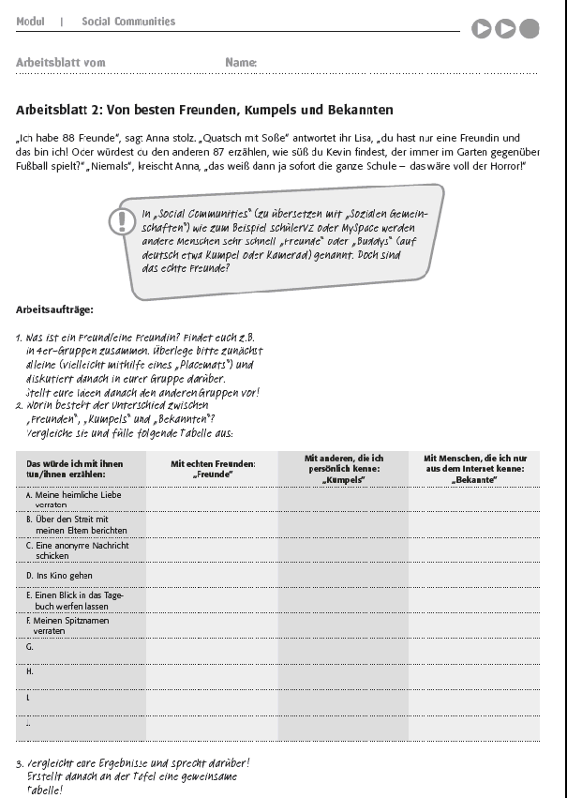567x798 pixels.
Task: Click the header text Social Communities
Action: click(x=127, y=21)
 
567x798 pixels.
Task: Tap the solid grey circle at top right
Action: click(x=530, y=29)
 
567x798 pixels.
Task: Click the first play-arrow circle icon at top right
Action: click(x=482, y=29)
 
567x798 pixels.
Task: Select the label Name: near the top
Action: click(x=241, y=63)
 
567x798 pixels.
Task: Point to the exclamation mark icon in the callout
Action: click(x=122, y=221)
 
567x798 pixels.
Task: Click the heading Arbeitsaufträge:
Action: click(x=54, y=309)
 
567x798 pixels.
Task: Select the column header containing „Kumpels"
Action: click(x=343, y=469)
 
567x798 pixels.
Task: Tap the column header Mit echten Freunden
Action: click(x=213, y=469)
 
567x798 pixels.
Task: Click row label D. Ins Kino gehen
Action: click(x=59, y=576)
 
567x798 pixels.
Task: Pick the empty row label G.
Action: click(x=30, y=647)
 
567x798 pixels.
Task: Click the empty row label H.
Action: click(x=30, y=671)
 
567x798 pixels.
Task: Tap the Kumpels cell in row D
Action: click(x=343, y=576)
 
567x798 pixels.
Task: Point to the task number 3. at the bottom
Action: click(x=20, y=763)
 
